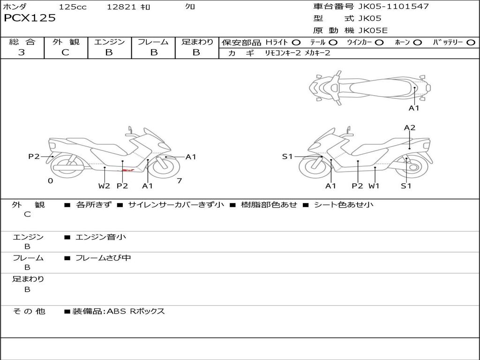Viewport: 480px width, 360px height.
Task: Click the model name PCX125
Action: coord(30,18)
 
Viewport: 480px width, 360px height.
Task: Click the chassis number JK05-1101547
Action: coord(393,6)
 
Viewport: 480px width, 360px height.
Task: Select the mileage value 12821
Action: coord(121,7)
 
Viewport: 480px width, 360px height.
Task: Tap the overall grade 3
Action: coord(22,52)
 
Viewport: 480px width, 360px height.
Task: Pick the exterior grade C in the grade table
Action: coord(65,52)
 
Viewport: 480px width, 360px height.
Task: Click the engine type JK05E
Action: coord(373,30)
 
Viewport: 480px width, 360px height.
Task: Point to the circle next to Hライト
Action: coord(296,43)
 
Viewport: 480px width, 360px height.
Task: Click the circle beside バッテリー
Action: coord(471,43)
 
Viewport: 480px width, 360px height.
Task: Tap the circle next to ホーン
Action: coord(417,43)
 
